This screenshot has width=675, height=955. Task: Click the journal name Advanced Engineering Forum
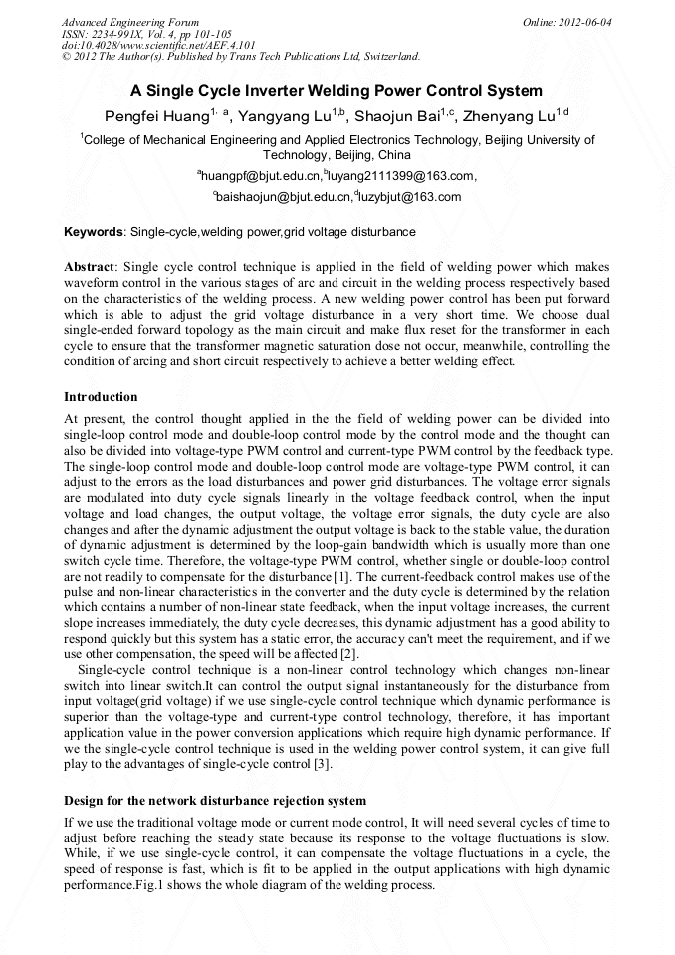(x=130, y=22)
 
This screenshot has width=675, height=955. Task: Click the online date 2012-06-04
(x=585, y=22)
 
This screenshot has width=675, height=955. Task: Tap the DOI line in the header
(x=159, y=45)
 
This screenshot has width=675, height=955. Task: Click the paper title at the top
(x=337, y=91)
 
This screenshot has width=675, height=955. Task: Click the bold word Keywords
(x=95, y=232)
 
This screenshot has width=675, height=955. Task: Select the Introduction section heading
(x=101, y=397)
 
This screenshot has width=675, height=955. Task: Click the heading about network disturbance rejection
(x=215, y=801)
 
